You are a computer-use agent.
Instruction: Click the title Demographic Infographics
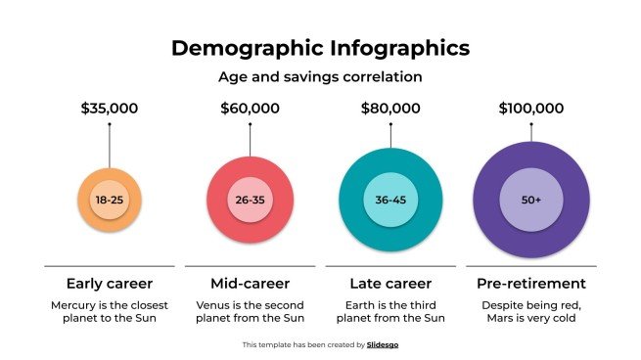click(x=320, y=48)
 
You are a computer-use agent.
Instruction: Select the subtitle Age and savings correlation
click(x=320, y=75)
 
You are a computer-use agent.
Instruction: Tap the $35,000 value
click(x=109, y=109)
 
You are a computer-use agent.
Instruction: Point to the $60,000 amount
click(x=250, y=109)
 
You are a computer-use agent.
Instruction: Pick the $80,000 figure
click(x=390, y=109)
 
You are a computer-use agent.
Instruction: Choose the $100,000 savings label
click(x=531, y=109)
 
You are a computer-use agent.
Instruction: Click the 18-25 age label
click(x=109, y=201)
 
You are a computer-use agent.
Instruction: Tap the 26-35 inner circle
click(x=250, y=201)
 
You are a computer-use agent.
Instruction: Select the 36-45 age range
click(x=390, y=201)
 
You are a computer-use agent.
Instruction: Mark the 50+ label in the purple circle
click(x=531, y=201)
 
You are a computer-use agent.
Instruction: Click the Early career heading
click(x=109, y=284)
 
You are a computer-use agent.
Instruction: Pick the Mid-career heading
click(x=250, y=284)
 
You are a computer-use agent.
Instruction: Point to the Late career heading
click(x=390, y=284)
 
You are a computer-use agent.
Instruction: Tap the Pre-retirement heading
click(x=531, y=284)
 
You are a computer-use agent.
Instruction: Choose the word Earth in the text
click(x=356, y=304)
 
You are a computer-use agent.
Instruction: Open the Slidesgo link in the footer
click(x=383, y=344)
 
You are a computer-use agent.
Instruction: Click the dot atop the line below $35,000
click(x=109, y=124)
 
